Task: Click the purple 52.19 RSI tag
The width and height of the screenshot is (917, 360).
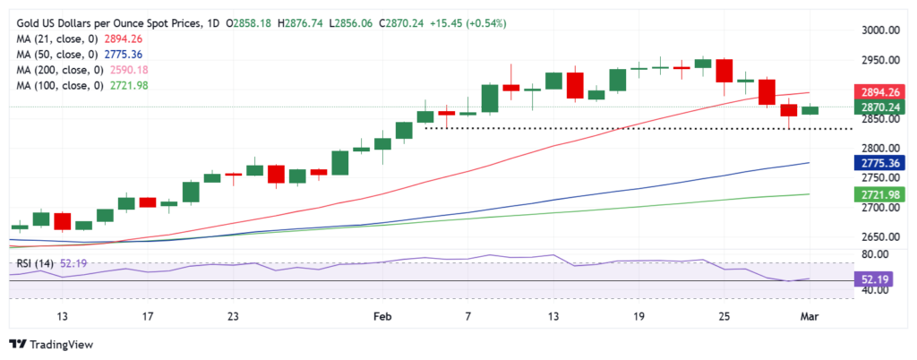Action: pyautogui.click(x=879, y=279)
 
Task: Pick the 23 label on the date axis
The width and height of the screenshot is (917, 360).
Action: pyautogui.click(x=233, y=316)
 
